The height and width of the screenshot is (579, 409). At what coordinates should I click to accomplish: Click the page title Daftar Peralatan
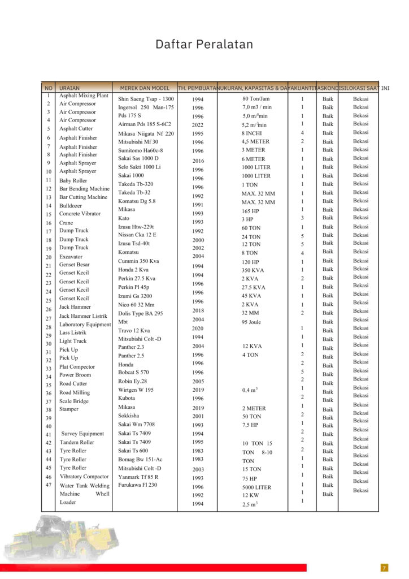pyautogui.click(x=204, y=44)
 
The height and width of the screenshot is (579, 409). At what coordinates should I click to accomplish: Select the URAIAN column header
pyautogui.click(x=69, y=88)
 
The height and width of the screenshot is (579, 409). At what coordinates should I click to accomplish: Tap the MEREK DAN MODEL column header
pyautogui.click(x=145, y=88)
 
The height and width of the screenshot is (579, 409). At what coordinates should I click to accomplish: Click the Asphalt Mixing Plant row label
pyautogui.click(x=84, y=96)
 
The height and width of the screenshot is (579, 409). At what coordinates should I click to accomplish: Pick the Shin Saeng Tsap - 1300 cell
pyautogui.click(x=146, y=99)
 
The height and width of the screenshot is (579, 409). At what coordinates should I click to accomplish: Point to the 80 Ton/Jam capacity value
pyautogui.click(x=256, y=98)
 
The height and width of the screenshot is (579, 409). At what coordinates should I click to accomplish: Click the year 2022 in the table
pyautogui.click(x=197, y=125)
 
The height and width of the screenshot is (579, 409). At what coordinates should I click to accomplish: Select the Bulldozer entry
pyautogui.click(x=71, y=206)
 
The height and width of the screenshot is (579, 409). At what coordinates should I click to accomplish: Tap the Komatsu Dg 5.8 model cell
pyautogui.click(x=137, y=201)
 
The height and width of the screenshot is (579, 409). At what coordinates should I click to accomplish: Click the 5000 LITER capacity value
pyautogui.click(x=256, y=487)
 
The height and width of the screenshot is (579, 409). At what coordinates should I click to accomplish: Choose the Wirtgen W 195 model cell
pyautogui.click(x=136, y=390)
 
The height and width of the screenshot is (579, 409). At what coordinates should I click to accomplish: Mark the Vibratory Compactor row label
pyautogui.click(x=84, y=477)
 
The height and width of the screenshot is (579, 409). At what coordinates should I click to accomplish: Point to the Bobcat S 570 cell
pyautogui.click(x=133, y=372)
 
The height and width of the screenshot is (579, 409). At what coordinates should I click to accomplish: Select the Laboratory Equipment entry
pyautogui.click(x=85, y=325)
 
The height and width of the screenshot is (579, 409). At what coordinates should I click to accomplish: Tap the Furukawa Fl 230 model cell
pyautogui.click(x=137, y=485)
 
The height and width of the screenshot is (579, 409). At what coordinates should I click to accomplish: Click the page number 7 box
pyautogui.click(x=385, y=568)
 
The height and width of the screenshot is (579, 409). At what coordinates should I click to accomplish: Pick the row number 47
pyautogui.click(x=49, y=485)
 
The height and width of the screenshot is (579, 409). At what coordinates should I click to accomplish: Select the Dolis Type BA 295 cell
pyautogui.click(x=140, y=313)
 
